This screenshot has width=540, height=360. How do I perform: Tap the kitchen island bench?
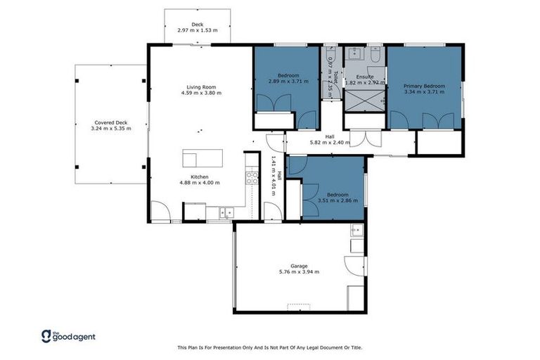click(202, 157)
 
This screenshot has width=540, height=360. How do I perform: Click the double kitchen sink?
click(226, 211)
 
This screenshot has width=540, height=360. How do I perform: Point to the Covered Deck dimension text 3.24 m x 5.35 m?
click(111, 129)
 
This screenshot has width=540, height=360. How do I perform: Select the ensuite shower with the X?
click(364, 100)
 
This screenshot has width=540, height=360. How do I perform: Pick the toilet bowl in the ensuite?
click(375, 53)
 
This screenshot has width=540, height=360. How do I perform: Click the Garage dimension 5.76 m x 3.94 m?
click(299, 271)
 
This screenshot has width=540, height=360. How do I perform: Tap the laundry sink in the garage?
click(356, 230)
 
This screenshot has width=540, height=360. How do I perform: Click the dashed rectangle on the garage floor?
click(299, 307)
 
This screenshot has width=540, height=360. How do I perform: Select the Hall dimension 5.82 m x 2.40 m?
click(330, 143)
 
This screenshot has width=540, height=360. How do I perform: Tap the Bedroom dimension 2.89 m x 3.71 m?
click(288, 82)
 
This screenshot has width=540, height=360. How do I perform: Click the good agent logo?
click(68, 336)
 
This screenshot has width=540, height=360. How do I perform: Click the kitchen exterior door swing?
click(160, 211)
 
